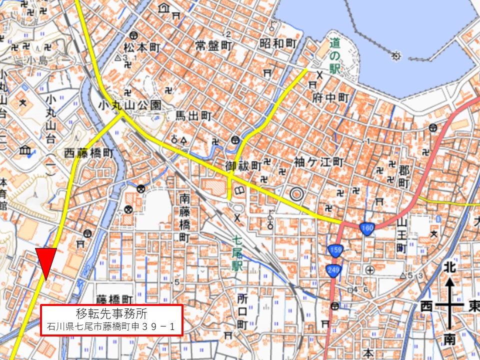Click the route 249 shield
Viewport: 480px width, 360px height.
333,270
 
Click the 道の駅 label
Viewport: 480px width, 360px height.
334,54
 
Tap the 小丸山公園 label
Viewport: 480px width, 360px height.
129,105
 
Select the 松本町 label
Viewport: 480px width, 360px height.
141,47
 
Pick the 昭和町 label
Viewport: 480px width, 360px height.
278,43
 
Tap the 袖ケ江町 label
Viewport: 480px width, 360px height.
318,162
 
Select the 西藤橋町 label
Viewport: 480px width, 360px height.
90,153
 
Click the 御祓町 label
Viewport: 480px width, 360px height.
243,165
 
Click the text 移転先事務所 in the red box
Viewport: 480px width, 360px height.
111,314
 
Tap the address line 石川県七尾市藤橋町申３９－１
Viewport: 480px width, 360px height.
111,327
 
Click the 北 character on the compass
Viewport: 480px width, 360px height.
450,267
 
